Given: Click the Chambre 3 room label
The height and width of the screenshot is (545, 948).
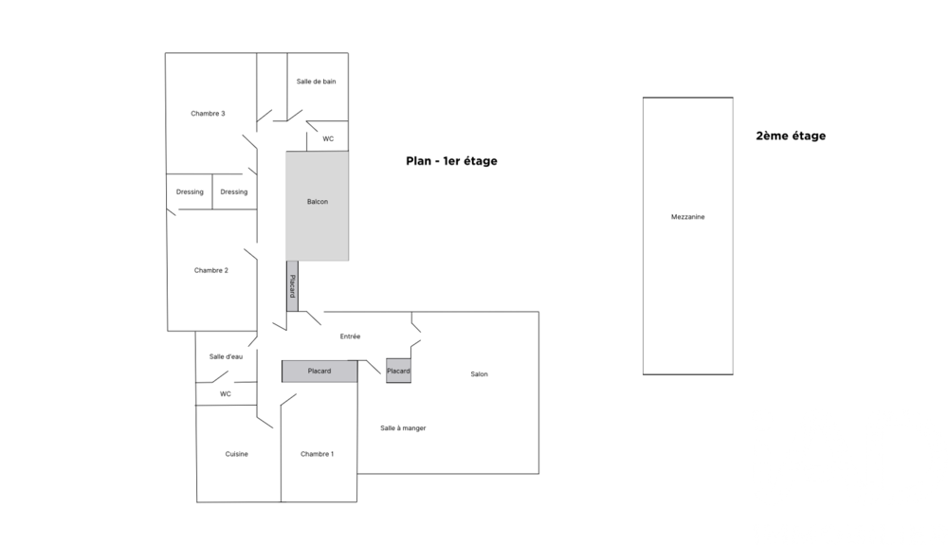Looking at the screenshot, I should pyautogui.click(x=208, y=114).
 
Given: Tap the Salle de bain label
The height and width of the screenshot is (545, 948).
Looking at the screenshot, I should pyautogui.click(x=316, y=82).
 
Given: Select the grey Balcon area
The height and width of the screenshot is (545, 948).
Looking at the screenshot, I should pyautogui.click(x=318, y=205).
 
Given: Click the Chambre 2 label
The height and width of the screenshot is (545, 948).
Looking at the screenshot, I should pyautogui.click(x=211, y=270).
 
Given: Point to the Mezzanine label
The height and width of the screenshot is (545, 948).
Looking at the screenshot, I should pyautogui.click(x=687, y=217).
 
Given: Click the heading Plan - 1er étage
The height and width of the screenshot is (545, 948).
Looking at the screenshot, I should pyautogui.click(x=451, y=161).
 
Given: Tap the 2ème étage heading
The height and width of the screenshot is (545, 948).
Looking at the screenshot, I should pyautogui.click(x=791, y=136).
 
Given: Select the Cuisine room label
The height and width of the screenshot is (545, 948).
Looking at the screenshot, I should pyautogui.click(x=237, y=454).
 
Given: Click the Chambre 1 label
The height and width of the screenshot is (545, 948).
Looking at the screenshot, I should pyautogui.click(x=317, y=454).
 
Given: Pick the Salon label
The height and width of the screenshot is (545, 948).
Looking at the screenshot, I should pyautogui.click(x=479, y=374).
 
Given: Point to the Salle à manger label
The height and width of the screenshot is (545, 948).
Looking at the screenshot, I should pyautogui.click(x=403, y=428).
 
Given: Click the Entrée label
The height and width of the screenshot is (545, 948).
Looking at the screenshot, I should pyautogui.click(x=350, y=336).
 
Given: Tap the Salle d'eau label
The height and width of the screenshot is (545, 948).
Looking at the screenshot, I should pyautogui.click(x=227, y=356).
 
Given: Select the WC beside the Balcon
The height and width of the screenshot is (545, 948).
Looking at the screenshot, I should pyautogui.click(x=328, y=138).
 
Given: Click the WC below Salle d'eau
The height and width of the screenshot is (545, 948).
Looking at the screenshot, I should pyautogui.click(x=226, y=393).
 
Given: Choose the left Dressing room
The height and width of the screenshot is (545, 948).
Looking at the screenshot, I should pyautogui.click(x=190, y=192).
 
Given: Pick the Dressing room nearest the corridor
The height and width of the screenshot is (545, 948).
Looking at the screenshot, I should pyautogui.click(x=234, y=192).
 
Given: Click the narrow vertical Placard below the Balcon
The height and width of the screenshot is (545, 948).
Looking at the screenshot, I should pyautogui.click(x=292, y=286).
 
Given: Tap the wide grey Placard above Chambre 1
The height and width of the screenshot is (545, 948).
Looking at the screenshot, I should pyautogui.click(x=319, y=371).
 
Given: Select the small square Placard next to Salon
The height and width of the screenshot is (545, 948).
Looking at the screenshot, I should pyautogui.click(x=398, y=371).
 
